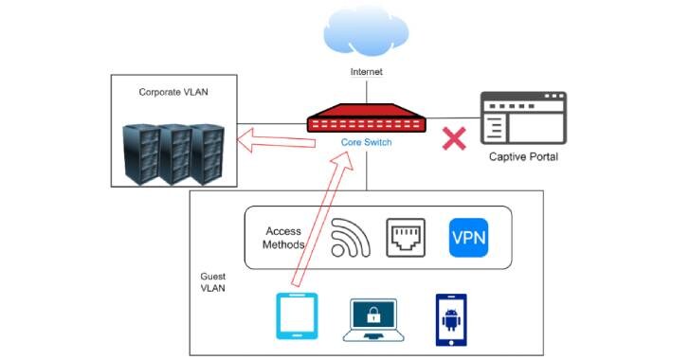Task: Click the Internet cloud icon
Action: [366, 31]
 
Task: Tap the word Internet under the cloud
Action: [366, 72]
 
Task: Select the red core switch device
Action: [366, 117]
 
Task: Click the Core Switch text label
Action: [366, 142]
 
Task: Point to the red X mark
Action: [454, 138]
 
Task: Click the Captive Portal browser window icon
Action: [523, 117]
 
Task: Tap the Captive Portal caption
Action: [523, 156]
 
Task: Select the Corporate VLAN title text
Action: [173, 92]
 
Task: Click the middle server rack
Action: [174, 154]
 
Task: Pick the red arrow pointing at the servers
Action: [276, 140]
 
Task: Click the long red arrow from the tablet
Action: [322, 219]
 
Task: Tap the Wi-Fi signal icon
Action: [350, 238]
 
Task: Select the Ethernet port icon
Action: [406, 238]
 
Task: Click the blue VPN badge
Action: [468, 238]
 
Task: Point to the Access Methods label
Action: [283, 238]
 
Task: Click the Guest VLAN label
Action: [213, 282]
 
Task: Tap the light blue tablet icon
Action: [297, 316]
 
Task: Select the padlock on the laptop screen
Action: [373, 315]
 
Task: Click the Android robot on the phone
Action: [451, 319]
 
